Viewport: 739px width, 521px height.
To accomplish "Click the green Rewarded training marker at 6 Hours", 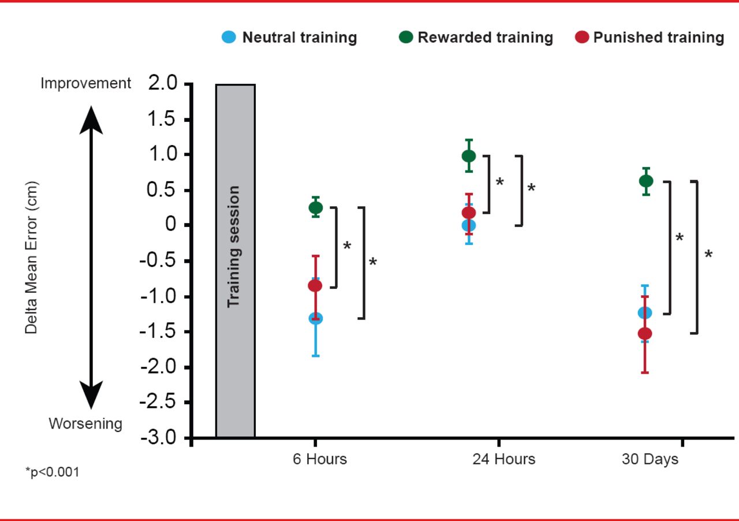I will point(315,207).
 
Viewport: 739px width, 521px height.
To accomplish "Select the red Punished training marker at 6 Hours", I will point(315,285).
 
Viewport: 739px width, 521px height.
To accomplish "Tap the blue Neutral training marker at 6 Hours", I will point(315,318).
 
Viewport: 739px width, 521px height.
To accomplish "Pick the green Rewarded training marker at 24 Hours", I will point(469,156).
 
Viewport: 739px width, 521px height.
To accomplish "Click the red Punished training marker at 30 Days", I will point(645,333).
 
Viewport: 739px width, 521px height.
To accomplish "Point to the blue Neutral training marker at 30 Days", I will point(645,312).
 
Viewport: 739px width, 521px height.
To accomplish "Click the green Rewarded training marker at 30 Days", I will point(645,181).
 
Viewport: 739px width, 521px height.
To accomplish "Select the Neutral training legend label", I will point(299,38).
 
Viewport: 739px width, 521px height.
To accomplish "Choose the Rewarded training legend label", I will point(485,38).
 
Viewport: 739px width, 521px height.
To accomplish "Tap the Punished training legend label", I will point(658,38).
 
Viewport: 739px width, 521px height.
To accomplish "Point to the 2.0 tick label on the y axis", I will point(164,84).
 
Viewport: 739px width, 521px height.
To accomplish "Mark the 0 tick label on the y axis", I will point(171,225).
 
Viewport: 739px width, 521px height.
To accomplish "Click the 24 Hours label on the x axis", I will point(503,460).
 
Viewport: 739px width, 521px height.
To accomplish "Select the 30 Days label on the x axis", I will point(650,460).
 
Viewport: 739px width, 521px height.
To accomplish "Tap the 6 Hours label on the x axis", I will point(319,460).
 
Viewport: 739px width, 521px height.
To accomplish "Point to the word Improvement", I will point(85,84).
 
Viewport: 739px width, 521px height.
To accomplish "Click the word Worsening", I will point(85,424).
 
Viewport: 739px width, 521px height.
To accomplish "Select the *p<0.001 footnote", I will point(52,472).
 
